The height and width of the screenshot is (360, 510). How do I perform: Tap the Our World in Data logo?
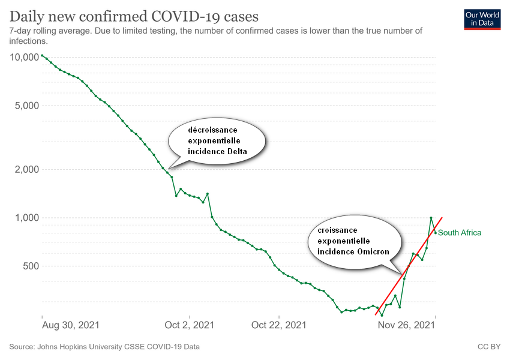[x=482, y=19]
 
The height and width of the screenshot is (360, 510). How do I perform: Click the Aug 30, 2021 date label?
[x=71, y=325]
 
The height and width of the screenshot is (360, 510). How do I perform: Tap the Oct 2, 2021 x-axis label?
[x=190, y=325]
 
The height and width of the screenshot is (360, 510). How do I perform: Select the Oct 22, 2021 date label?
[x=279, y=325]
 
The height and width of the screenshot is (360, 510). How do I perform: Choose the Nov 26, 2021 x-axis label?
[x=405, y=325]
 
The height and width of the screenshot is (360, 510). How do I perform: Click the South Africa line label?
[x=460, y=233]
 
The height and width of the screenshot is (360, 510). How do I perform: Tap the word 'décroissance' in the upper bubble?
[x=213, y=130]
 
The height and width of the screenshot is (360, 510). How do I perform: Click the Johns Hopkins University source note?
[x=104, y=347]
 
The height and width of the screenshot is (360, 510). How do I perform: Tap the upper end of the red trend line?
[x=442, y=217]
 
